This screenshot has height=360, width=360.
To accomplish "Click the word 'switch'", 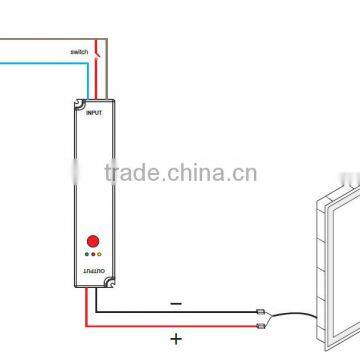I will tap(78, 51).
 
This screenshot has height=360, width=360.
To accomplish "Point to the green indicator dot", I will tap(87, 228).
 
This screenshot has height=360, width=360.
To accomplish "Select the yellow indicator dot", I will tap(93, 228).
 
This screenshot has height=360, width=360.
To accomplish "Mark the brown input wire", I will tap(40, 41).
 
